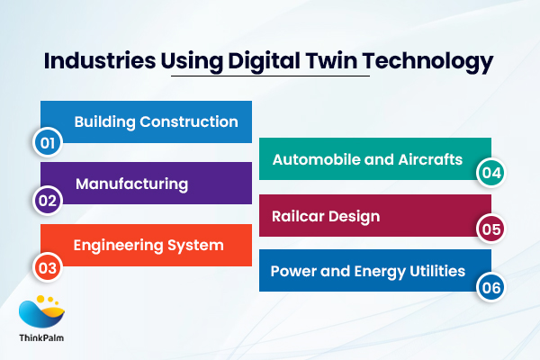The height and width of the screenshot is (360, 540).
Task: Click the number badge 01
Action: tap(47, 142)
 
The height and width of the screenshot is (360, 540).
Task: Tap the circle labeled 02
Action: tap(47, 202)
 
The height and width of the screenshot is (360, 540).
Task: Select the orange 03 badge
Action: tap(47, 266)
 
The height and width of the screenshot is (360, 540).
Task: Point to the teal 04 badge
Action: tap(490, 172)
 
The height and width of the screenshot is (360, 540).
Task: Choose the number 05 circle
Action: tap(490, 229)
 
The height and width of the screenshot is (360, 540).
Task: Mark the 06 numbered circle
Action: tap(490, 287)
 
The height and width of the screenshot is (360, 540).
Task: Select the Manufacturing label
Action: tap(131, 184)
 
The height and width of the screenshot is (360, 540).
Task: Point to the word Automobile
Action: tap(312, 160)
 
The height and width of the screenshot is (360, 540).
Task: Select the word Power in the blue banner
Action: tap(292, 270)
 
